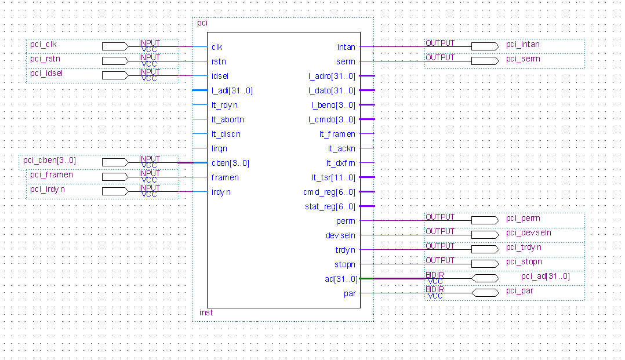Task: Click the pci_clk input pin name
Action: [43, 44]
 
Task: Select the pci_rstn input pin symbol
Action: [115, 61]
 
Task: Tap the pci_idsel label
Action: [46, 73]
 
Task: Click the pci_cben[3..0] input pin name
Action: [49, 160]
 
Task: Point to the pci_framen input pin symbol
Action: [115, 177]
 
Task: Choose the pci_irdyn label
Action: [48, 189]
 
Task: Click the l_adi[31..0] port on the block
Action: [232, 90]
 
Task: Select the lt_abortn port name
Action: [227, 119]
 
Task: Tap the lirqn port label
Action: [219, 148]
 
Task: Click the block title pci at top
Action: [202, 23]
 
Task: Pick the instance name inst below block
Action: [206, 312]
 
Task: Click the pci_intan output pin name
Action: [522, 44]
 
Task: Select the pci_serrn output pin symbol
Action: [485, 61]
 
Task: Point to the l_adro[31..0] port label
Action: [332, 76]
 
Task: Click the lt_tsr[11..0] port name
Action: [333, 177]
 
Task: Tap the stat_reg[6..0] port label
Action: [330, 206]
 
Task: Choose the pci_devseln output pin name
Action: [528, 232]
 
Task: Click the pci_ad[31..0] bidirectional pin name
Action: [545, 276]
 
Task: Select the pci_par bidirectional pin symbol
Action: [485, 293]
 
